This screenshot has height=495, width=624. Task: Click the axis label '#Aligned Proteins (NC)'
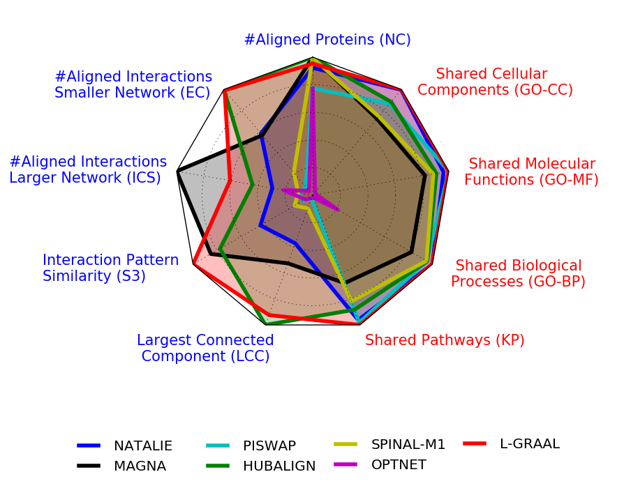[327, 40]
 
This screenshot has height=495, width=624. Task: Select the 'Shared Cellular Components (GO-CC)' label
[495, 82]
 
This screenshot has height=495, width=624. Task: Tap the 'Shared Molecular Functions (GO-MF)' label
[532, 172]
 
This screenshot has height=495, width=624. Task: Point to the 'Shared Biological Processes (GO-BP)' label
[518, 273]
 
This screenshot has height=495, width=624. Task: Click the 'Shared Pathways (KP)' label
[445, 340]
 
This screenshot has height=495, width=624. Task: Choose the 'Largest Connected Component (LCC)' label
[205, 348]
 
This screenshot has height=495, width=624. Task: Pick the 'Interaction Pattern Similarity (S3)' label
[111, 268]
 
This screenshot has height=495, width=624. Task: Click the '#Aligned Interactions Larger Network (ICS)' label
[88, 170]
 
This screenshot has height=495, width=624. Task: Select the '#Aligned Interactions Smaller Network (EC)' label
[133, 84]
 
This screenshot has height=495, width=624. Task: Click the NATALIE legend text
[143, 445]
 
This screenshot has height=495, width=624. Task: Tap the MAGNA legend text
[140, 466]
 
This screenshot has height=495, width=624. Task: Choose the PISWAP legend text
[269, 445]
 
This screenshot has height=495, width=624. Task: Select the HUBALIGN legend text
[279, 466]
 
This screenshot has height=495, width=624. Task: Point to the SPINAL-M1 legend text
[408, 445]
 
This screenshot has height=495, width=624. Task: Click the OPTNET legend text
[399, 465]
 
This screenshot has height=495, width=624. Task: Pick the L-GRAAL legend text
[530, 443]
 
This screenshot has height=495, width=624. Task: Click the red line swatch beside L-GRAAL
[475, 443]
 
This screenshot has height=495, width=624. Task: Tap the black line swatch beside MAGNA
[89, 466]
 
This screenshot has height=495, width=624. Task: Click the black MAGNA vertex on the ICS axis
[178, 172]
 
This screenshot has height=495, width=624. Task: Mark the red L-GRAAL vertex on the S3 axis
[194, 264]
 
